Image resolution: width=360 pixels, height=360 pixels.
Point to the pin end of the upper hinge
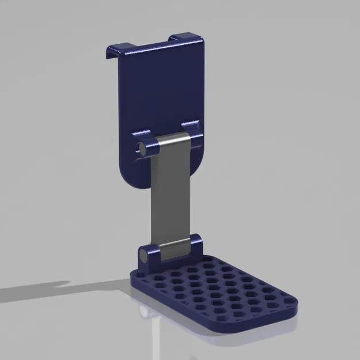pyautogui.click(x=140, y=148)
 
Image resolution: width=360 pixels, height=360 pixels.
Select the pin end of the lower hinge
pyautogui.click(x=142, y=254)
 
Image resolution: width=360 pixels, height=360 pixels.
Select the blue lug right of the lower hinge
pyautogui.click(x=194, y=244)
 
